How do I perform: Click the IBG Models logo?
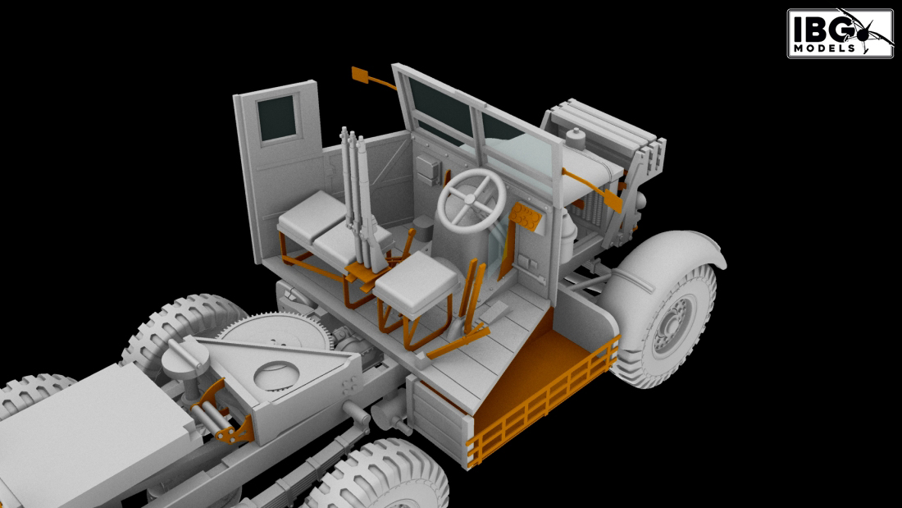tap(840, 33)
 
